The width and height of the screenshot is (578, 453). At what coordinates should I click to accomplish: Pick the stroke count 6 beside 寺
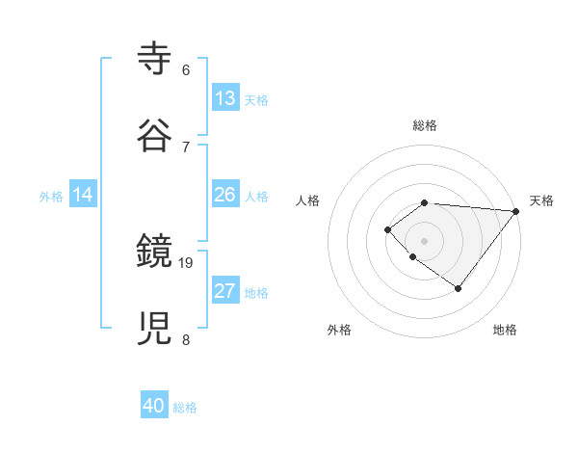pos(186,70)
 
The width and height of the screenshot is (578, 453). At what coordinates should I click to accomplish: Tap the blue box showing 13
pos(224,98)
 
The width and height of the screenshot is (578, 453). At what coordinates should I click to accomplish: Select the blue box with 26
pos(224,195)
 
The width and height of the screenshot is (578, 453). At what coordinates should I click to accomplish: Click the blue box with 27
pos(224,291)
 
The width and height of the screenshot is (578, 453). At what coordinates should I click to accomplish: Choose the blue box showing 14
pos(83,195)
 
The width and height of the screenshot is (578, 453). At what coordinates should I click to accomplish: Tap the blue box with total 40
pos(154,406)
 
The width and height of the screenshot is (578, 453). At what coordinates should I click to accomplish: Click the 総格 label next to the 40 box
pos(185,408)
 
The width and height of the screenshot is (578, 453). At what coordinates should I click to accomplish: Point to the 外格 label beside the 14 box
pos(51,197)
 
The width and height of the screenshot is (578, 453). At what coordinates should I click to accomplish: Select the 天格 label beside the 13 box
pos(256,100)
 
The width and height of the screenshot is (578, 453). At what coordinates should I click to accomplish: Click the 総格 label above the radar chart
pos(425,125)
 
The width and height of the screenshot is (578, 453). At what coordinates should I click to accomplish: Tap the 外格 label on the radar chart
pos(339,330)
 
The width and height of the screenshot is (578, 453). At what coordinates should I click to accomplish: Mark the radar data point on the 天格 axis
pos(516,211)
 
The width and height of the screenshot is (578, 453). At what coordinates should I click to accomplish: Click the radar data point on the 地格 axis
pos(459,288)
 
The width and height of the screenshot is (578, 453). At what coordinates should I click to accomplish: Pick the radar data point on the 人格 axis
pos(387,229)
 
